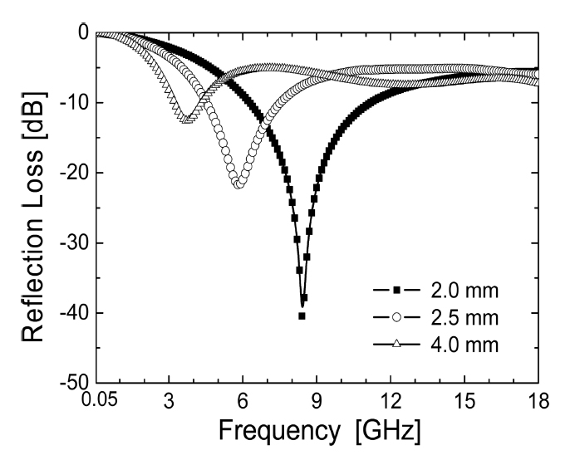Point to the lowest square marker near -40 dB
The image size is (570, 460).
click(x=302, y=316)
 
